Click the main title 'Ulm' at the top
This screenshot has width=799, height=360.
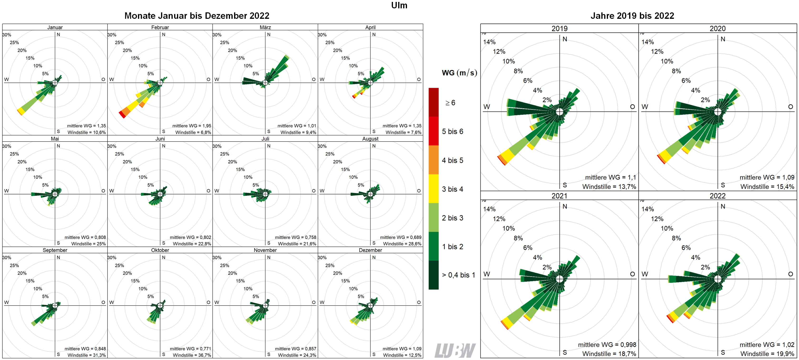click(399, 5)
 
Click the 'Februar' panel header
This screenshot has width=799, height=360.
click(160, 27)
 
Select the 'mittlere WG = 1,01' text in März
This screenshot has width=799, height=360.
click(297, 126)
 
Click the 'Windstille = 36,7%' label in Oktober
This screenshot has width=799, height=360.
click(192, 355)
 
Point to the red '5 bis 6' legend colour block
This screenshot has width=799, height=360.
click(433, 131)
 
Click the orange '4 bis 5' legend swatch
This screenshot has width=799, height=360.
click(433, 160)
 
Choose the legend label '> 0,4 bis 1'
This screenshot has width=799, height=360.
click(458, 275)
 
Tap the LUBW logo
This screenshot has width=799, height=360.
click(455, 350)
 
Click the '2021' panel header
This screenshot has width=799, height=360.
click(559, 196)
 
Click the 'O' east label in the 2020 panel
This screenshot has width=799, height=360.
click(790, 107)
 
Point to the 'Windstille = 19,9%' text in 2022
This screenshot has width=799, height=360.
click(767, 354)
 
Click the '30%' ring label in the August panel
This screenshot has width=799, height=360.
click(322, 146)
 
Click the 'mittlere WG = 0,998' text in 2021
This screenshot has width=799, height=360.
click(607, 345)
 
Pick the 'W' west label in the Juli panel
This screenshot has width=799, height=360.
click(216, 191)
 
